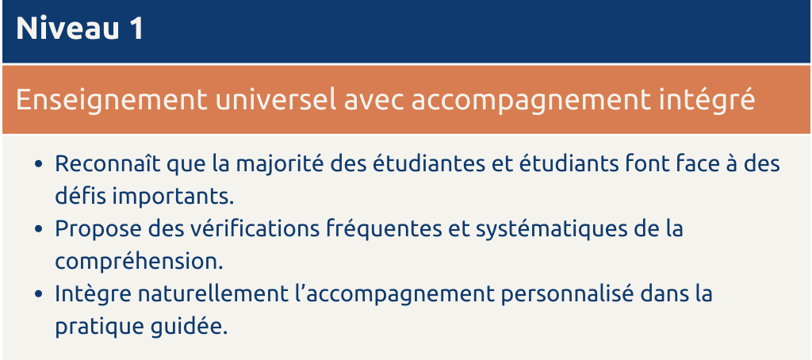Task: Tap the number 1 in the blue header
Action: [x=136, y=29]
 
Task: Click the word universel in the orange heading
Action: [x=275, y=99]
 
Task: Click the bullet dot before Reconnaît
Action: [x=38, y=164]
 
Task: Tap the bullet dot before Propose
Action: [x=38, y=229]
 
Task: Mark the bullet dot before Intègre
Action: [x=38, y=294]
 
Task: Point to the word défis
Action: [x=79, y=197]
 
